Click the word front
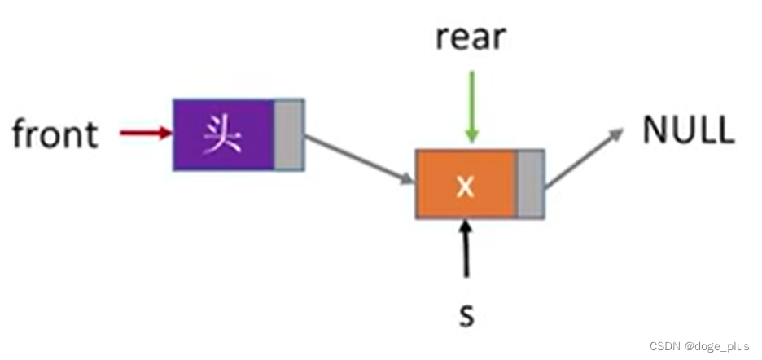(55, 134)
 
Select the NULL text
(688, 130)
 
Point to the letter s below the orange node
(466, 314)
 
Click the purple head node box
(224, 134)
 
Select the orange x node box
(466, 185)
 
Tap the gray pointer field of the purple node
(289, 134)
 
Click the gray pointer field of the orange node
(531, 185)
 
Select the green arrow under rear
(470, 106)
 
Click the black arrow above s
(466, 248)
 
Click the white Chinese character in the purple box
(222, 134)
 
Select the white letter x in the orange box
(465, 186)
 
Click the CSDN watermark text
(700, 345)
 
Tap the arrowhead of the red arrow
(166, 132)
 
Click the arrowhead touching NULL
(615, 135)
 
